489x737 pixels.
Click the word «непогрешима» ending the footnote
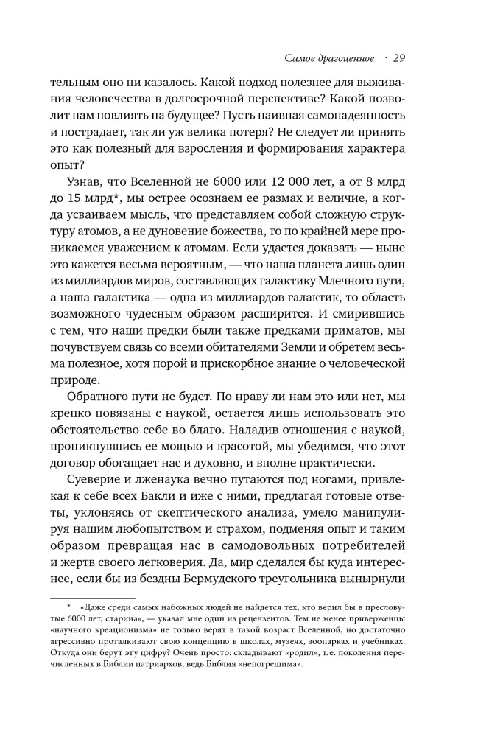coord(278,708)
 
